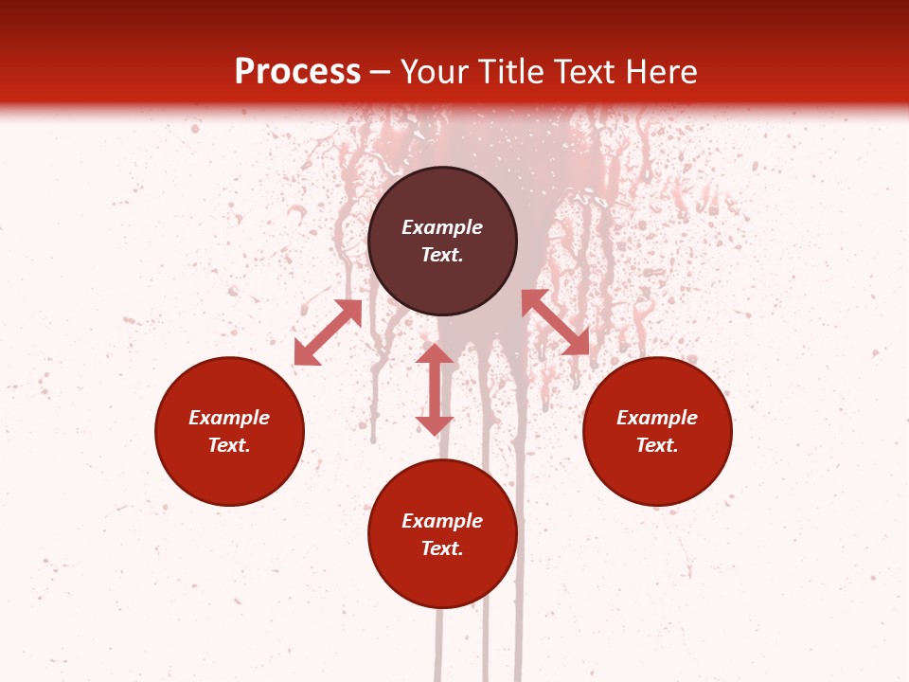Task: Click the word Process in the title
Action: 297,72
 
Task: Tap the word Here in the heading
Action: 660,72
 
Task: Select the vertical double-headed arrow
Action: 435,389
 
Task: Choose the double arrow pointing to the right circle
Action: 555,322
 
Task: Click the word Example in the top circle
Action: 442,227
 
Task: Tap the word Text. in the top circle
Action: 442,255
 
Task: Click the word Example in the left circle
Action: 229,418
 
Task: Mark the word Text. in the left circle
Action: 229,445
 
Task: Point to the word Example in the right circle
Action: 657,418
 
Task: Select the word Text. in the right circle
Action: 657,445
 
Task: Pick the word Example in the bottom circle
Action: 442,521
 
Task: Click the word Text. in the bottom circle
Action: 442,548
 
